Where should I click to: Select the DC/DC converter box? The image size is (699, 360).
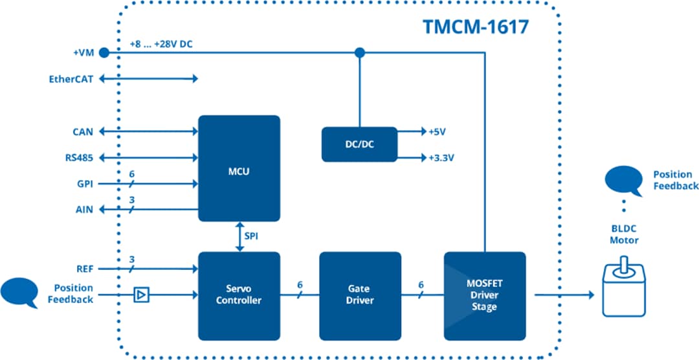tap(359, 144)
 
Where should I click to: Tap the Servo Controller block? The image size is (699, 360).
tap(239, 295)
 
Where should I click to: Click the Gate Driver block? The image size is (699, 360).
tap(360, 295)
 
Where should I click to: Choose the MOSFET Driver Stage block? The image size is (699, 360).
tap(484, 295)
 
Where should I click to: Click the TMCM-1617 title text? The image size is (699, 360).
tap(476, 27)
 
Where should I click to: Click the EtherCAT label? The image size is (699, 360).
tap(71, 79)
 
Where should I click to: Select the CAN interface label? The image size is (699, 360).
tap(82, 131)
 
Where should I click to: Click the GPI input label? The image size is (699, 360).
tap(84, 184)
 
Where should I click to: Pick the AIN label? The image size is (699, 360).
tap(84, 210)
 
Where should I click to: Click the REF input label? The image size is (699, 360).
tap(84, 268)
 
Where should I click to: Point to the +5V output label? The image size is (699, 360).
tap(438, 131)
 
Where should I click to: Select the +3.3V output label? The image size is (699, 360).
tap(441, 157)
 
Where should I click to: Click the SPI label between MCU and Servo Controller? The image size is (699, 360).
tap(251, 236)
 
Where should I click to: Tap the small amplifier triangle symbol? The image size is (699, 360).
tap(140, 295)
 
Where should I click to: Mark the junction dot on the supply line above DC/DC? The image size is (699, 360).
tap(360, 52)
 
